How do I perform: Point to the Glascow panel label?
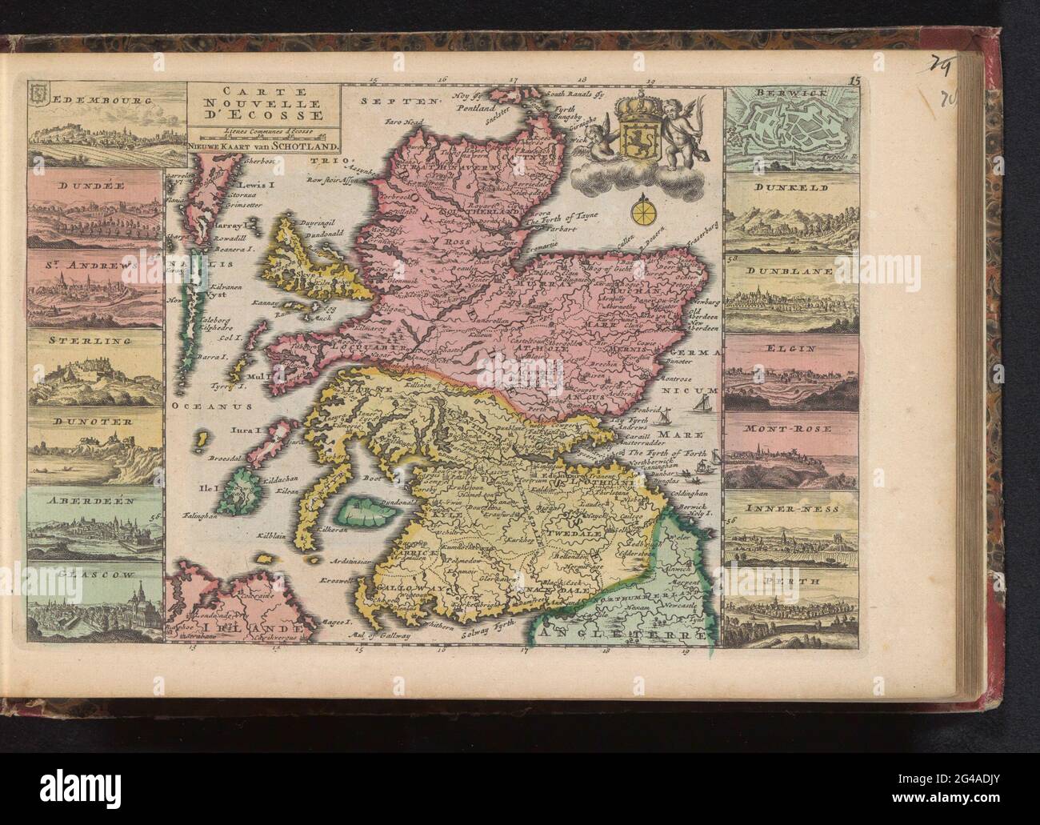tap(92, 574)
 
